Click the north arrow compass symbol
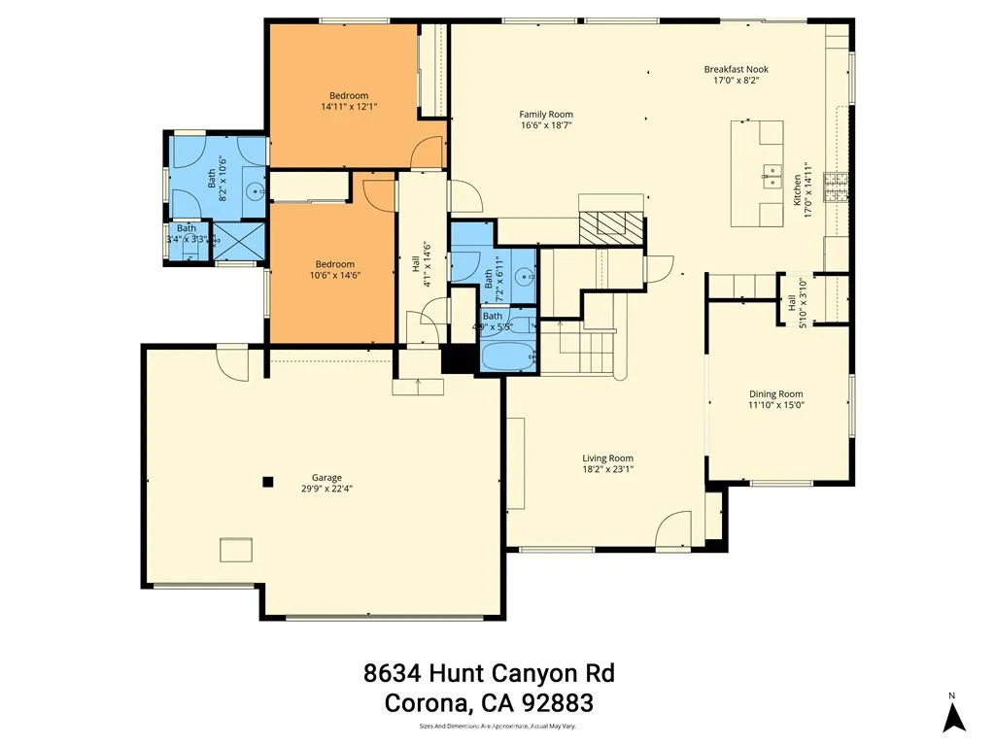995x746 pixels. click(955, 716)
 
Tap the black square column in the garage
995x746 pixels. click(269, 480)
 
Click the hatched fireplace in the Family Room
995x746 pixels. click(611, 226)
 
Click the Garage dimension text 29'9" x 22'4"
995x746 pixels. click(326, 490)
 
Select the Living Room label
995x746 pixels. click(607, 458)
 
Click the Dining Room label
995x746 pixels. click(776, 393)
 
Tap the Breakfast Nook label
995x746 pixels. click(731, 69)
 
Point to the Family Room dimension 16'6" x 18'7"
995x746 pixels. click(546, 124)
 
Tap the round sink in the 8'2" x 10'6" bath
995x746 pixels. click(254, 190)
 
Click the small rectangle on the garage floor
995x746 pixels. click(236, 549)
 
